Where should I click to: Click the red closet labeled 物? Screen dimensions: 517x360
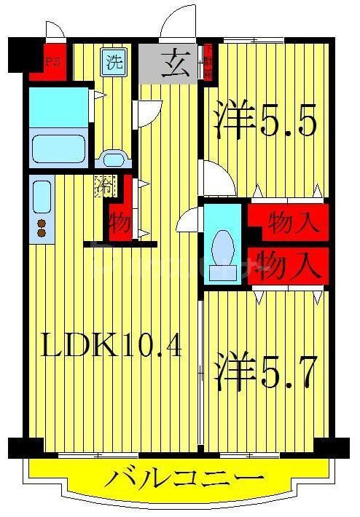pyautogui.click(x=120, y=221)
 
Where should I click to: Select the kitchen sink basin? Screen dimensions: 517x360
pyautogui.click(x=42, y=197)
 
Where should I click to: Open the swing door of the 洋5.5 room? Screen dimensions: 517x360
pyautogui.click(x=216, y=179)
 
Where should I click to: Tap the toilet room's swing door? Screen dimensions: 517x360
pyautogui.click(x=189, y=217)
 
